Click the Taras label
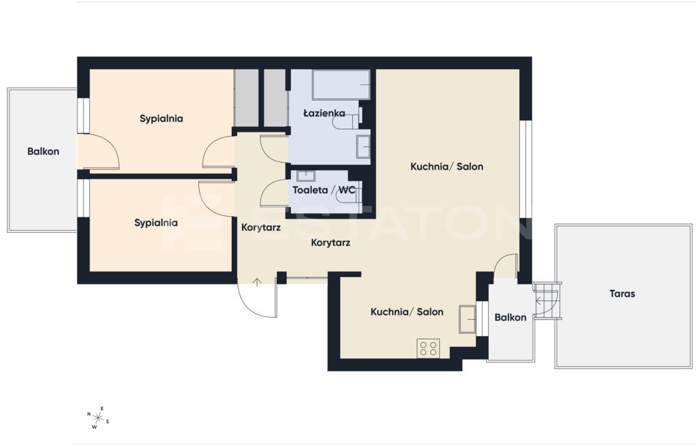622,293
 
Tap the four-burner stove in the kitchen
428,348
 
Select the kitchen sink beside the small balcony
468,319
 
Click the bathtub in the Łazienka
341,85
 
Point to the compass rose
98,417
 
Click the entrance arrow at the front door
256,282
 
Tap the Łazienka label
324,113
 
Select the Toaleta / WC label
324,190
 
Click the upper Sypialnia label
161,119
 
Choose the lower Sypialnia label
156,223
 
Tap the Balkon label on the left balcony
43,151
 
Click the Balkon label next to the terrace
510,318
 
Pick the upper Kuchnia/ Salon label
447,167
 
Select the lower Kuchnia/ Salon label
406,312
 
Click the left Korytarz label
260,228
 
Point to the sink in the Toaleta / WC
305,176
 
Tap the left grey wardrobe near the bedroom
246,98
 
